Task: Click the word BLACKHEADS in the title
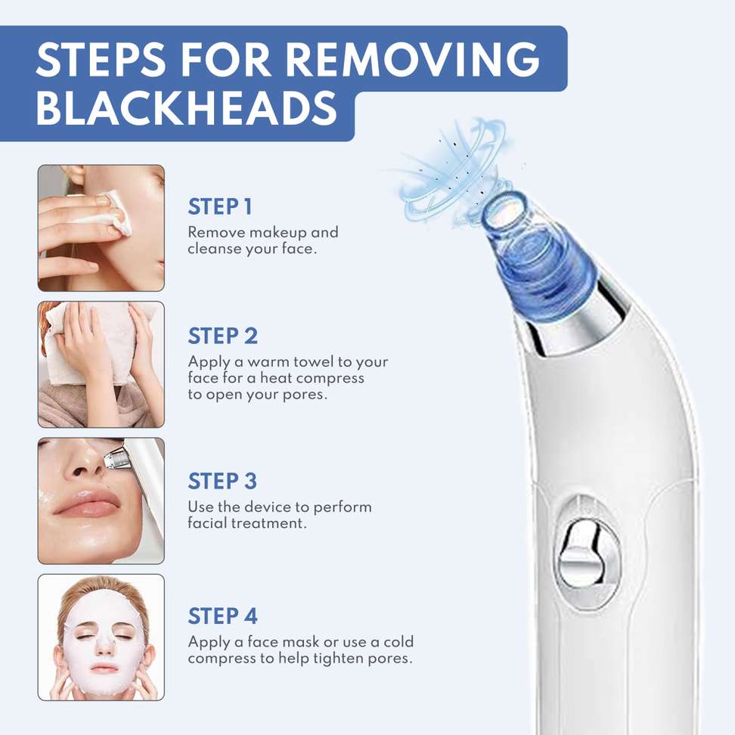(x=187, y=108)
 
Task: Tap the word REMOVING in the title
(x=413, y=59)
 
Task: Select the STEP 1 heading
(x=220, y=206)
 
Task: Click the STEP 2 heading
(x=222, y=336)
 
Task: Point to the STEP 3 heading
(x=222, y=481)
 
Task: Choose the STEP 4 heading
(x=222, y=616)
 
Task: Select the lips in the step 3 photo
(x=85, y=503)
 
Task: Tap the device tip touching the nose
(x=116, y=456)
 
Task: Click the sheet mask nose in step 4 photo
(x=104, y=643)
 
